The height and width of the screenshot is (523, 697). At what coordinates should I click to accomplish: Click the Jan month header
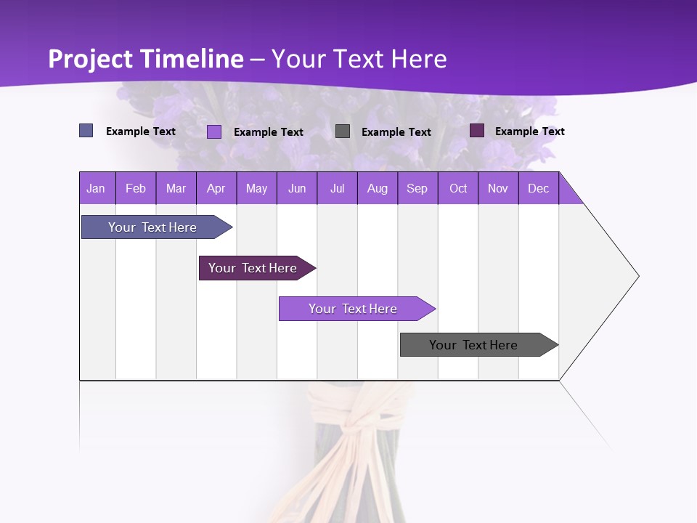pos(96,188)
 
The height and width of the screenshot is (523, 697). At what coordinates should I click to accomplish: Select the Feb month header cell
pos(136,188)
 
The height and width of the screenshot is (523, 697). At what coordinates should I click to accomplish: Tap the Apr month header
pos(216,188)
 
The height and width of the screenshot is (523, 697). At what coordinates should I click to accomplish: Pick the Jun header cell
pos(297,188)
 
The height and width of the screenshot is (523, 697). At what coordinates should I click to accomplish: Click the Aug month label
pos(378,188)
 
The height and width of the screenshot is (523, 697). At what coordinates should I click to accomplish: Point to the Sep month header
pos(417,188)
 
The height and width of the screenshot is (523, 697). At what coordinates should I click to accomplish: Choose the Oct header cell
pos(458,188)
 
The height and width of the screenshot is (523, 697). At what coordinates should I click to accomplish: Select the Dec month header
pos(539,188)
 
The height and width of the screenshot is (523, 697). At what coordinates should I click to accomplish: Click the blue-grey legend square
pos(86,131)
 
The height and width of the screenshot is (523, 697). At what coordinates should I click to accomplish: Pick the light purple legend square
pos(214,131)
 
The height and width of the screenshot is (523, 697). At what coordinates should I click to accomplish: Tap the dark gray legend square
pos(343,131)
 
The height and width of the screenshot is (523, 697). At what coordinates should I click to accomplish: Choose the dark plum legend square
pos(477,131)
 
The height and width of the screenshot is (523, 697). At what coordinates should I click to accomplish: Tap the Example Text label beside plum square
pos(529,131)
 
